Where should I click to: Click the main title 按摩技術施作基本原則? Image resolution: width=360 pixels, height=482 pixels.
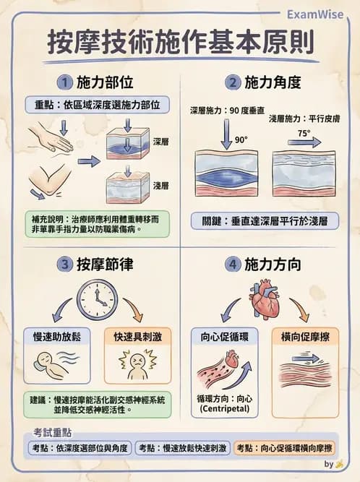tap(180, 43)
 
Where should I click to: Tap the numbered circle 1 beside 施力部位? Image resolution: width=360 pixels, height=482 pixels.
tap(66, 82)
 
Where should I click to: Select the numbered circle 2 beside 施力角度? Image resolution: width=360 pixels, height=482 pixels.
tap(233, 82)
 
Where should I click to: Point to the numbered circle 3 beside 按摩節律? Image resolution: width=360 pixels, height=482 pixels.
tap(66, 264)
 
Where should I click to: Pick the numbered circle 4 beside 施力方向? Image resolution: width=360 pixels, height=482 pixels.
tap(233, 264)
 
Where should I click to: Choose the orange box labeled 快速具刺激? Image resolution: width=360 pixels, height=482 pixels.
tap(137, 337)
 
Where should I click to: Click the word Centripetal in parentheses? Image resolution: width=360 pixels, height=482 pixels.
tap(223, 410)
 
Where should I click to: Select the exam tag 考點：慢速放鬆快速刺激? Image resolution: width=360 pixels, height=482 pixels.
tap(183, 448)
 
